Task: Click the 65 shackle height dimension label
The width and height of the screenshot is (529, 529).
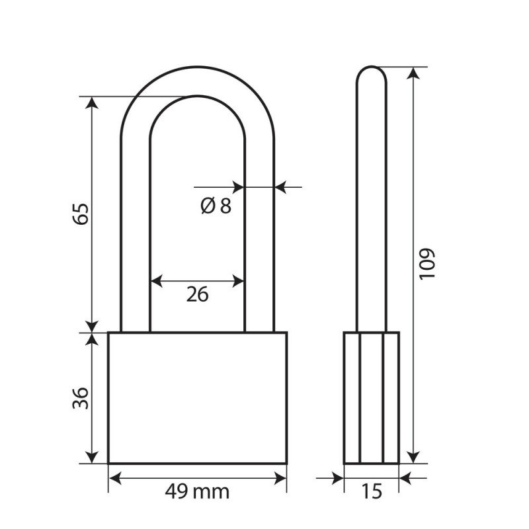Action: point(80,214)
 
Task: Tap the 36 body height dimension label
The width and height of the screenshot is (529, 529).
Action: point(80,398)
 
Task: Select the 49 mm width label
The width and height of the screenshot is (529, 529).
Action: point(197,491)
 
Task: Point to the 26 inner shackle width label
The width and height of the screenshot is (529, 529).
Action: point(197,294)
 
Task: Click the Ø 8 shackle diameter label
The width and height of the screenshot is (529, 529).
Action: point(216,206)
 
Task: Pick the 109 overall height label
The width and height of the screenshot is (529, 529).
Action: point(427,264)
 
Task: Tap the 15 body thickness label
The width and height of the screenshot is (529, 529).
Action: point(372,491)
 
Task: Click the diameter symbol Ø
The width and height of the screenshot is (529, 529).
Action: point(208,206)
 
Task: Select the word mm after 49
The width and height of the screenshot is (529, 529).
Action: point(212,493)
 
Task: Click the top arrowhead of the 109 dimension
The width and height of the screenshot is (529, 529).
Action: point(413,73)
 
